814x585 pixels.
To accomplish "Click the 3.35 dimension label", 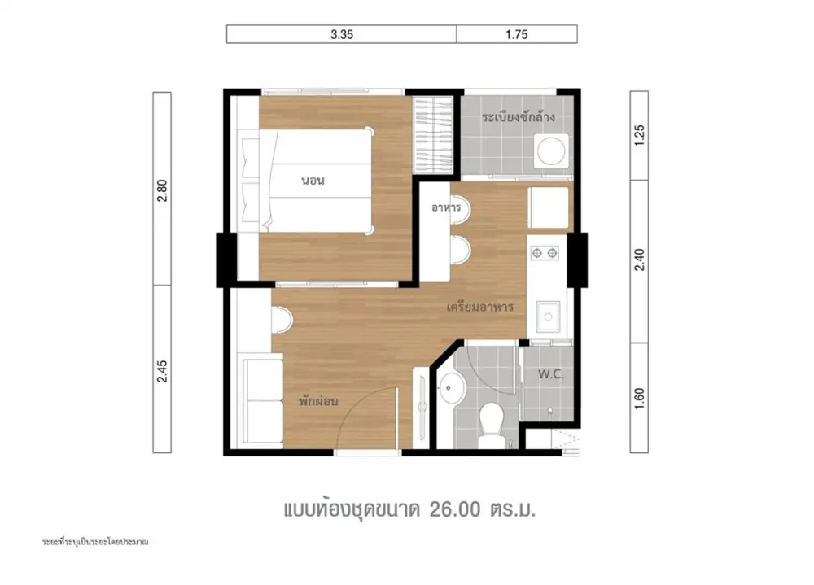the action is [342, 34].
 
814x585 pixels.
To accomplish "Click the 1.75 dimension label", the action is [517, 34].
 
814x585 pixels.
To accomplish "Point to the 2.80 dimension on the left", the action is [162, 190].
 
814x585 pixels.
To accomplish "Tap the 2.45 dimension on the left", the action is [162, 371].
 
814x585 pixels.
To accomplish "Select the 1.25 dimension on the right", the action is [639, 136].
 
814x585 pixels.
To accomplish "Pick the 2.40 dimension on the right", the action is [639, 260].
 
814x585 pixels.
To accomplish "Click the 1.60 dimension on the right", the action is [639, 399].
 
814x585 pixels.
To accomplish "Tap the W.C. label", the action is [551, 374].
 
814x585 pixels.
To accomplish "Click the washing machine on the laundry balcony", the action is [551, 151].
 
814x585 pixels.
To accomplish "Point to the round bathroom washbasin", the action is [452, 387].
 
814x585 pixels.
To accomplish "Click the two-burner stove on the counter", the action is [545, 253].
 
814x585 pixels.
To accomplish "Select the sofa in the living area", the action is [263, 399].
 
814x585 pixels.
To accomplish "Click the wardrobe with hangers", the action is [433, 136].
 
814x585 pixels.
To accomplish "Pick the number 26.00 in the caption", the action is [455, 509].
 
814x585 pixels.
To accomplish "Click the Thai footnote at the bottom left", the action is [95, 542].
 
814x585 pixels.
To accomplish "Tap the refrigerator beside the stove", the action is [548, 207].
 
